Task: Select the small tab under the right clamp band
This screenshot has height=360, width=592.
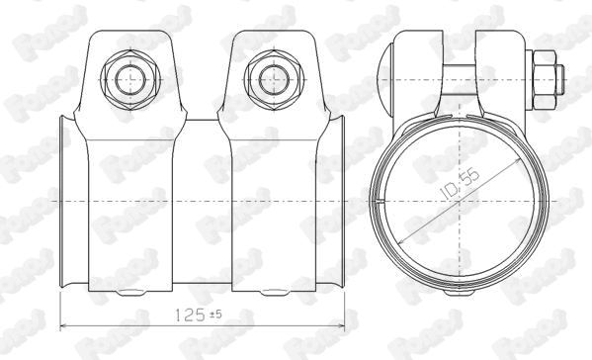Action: pos(269,293)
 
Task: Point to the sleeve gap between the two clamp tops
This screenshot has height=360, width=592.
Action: pos(200,125)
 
